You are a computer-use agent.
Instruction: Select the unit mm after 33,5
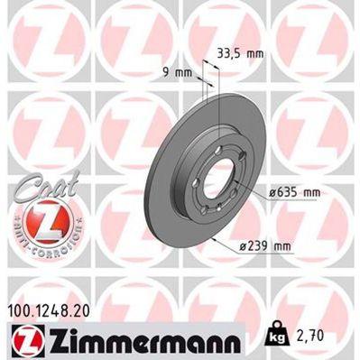pos(255,53)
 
